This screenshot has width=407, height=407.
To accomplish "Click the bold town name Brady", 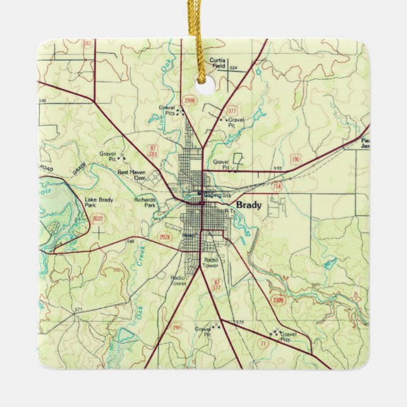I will click(x=248, y=205).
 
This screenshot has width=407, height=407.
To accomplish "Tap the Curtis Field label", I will click(x=218, y=63).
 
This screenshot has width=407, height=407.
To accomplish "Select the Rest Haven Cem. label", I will click(x=132, y=175).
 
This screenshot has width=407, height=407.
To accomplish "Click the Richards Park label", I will click(x=145, y=203).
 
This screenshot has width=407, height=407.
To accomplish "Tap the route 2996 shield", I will click(x=188, y=100).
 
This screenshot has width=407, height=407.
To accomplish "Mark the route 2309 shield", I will click(x=279, y=300).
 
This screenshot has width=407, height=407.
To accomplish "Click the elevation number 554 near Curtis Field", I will click(x=233, y=68).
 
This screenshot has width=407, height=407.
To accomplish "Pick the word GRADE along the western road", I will click(x=79, y=169).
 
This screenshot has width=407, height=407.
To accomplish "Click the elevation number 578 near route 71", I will click(x=240, y=323).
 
